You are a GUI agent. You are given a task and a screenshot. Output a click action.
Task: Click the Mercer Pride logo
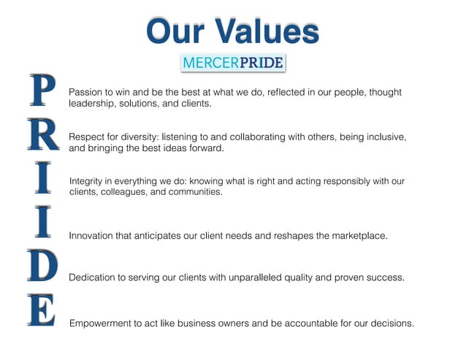tap(232, 63)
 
